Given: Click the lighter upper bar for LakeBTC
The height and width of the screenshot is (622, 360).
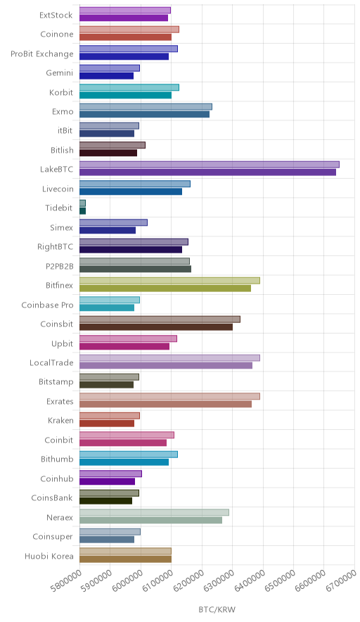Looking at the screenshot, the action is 210,165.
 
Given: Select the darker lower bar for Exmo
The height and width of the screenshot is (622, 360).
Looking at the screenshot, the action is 144,114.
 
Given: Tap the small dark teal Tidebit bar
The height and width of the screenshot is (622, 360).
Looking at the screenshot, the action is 82,211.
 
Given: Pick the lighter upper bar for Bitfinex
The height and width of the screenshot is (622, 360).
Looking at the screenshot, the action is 169,281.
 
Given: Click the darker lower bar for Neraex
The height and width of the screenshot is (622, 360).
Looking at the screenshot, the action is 150,520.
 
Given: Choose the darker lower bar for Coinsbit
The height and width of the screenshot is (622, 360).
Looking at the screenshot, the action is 156,327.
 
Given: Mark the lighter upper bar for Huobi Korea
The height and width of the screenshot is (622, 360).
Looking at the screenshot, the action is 125,551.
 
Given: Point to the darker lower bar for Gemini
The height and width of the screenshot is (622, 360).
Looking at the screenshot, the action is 107,76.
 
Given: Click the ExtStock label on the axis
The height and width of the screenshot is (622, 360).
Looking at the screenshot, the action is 56,15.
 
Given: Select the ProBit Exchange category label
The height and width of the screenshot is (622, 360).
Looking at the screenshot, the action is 42,54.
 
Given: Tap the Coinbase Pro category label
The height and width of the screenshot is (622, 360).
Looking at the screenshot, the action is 48,305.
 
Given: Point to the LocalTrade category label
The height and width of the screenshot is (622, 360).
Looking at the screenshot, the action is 51,363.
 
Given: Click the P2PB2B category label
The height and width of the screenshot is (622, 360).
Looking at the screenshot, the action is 60,266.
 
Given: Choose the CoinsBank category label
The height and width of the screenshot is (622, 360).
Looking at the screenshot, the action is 52,498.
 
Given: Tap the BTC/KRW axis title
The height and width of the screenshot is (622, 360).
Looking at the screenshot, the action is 217,610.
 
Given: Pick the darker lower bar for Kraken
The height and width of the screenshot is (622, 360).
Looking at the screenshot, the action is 107,424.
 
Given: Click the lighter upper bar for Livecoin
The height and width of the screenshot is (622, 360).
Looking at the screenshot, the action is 135,184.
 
